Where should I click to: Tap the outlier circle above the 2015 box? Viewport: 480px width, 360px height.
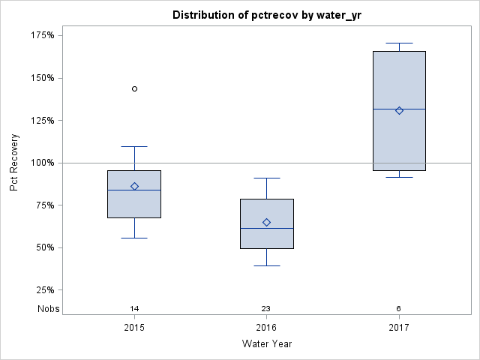(135, 88)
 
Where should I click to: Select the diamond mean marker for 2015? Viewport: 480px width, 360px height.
(135, 186)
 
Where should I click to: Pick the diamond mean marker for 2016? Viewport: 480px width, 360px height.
(266, 222)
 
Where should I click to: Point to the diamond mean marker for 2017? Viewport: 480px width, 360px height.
(399, 110)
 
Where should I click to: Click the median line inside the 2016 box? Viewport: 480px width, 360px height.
(266, 228)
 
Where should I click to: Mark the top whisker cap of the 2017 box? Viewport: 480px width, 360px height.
(399, 43)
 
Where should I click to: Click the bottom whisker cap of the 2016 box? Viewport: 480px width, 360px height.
(266, 265)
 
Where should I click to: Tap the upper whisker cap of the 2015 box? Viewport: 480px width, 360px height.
(135, 146)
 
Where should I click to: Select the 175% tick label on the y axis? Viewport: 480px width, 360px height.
(41, 35)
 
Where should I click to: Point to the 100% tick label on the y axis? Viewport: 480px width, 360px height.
(41, 163)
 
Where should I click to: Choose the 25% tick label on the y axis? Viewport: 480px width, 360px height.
(43, 290)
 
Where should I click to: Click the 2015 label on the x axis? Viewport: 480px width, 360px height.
(135, 328)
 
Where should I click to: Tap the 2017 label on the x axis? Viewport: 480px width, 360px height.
(399, 328)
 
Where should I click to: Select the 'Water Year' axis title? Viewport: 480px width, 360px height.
(266, 344)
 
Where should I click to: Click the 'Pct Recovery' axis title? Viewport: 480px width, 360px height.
(14, 163)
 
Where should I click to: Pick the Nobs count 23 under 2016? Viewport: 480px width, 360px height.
(266, 308)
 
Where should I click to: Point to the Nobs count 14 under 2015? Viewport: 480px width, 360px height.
(135, 308)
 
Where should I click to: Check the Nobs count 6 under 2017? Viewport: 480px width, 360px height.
(399, 308)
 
